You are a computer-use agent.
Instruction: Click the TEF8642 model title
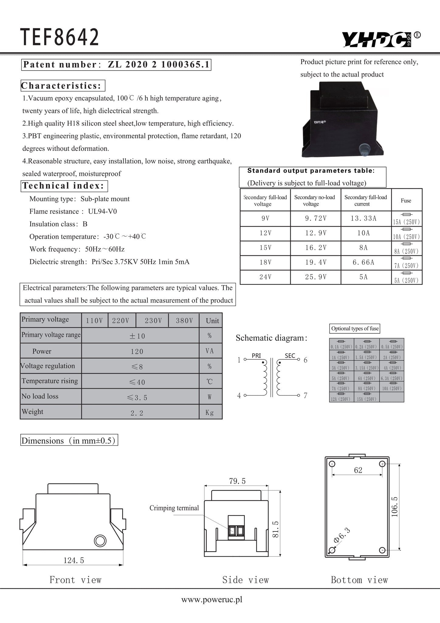pyautogui.click(x=60, y=37)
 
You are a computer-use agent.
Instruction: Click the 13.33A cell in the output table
pyautogui.click(x=363, y=218)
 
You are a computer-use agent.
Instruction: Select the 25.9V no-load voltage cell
pyautogui.click(x=316, y=277)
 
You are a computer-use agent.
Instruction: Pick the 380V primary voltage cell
pyautogui.click(x=184, y=321)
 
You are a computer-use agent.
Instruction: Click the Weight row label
pyautogui.click(x=33, y=412)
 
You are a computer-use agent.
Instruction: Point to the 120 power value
pyautogui.click(x=137, y=351)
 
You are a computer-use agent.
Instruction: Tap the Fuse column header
pyautogui.click(x=406, y=200)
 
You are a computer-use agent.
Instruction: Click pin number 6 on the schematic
pyautogui.click(x=306, y=360)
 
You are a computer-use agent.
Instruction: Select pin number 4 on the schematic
pyautogui.click(x=239, y=396)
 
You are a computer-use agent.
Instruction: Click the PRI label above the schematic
pyautogui.click(x=256, y=356)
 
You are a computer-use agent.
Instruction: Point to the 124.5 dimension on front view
pyautogui.click(x=74, y=560)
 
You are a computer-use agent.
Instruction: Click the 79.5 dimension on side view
pyautogui.click(x=237, y=481)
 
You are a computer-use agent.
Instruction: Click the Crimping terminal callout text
pyautogui.click(x=174, y=508)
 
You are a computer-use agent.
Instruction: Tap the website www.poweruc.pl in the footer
pyautogui.click(x=212, y=600)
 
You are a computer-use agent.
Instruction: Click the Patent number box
pyautogui.click(x=116, y=65)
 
